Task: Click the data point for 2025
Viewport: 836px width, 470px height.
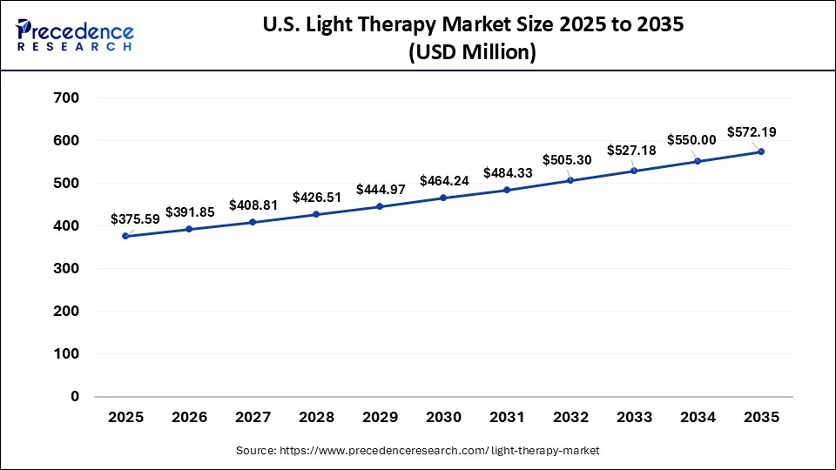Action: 125,236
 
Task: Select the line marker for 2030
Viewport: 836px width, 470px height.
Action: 443,198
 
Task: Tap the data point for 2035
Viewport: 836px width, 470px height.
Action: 761,151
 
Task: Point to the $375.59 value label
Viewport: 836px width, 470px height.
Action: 135,219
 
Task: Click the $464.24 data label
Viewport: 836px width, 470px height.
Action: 443,181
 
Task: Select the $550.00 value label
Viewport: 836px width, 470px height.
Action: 691,139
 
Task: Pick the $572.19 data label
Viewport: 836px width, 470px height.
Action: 752,132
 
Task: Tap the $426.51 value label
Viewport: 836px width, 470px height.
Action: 317,197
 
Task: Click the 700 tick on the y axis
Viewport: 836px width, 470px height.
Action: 67,98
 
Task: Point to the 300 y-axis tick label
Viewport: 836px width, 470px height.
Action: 67,269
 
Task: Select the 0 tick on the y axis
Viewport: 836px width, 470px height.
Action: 74,397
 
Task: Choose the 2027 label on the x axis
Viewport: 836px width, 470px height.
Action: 253,418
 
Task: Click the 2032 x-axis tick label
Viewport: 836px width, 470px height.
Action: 570,418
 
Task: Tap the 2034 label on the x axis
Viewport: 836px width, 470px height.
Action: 698,418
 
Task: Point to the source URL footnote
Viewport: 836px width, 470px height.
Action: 418,450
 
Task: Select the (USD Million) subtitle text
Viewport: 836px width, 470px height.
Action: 471,52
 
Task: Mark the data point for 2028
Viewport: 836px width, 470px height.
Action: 316,213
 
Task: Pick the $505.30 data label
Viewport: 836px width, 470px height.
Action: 567,160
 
